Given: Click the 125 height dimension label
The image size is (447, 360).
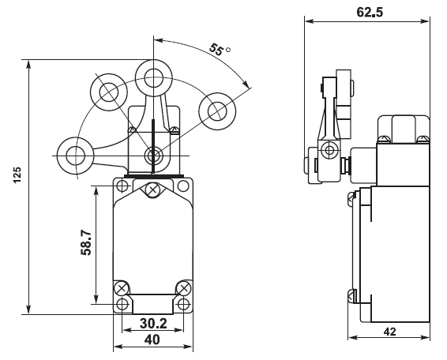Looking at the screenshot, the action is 17,175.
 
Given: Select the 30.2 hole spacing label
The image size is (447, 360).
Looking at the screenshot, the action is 153,323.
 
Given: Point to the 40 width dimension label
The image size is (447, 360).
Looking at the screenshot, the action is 152,339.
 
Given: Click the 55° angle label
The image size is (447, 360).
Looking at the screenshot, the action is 220,49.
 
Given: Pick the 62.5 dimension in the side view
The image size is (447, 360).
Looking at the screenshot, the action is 370,13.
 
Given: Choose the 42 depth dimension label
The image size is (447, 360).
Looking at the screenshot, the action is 389,332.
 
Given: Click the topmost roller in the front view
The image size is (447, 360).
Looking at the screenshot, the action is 154,78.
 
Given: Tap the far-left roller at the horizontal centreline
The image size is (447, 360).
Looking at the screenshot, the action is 76,156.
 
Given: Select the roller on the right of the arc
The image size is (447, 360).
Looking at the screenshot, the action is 217,111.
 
